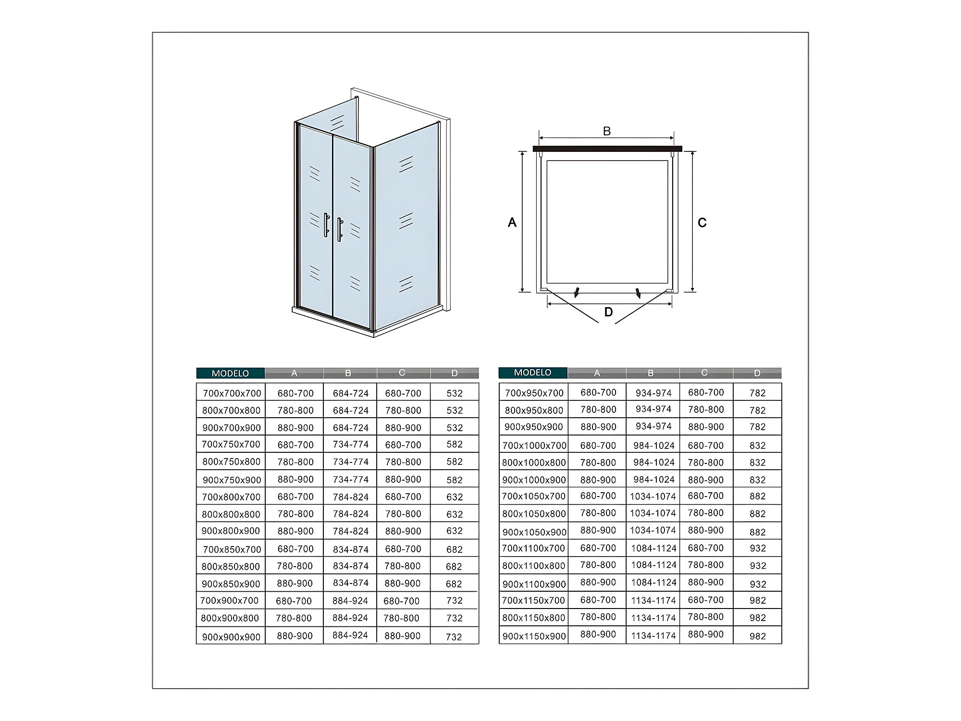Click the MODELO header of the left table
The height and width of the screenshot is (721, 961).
click(230, 373)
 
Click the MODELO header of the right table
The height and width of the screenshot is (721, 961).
click(532, 373)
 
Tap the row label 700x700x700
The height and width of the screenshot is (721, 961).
click(232, 393)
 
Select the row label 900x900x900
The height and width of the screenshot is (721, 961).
click(231, 637)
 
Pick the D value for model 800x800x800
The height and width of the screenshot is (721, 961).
click(455, 514)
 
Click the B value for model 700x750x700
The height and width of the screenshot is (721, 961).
click(351, 445)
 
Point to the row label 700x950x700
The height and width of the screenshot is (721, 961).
click(534, 393)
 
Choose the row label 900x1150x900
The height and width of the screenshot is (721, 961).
click(534, 636)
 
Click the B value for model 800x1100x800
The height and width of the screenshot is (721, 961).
click(654, 565)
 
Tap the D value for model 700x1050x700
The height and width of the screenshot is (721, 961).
click(758, 497)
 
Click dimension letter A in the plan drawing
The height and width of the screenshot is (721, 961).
click(512, 223)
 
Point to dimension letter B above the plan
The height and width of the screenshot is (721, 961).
click(607, 131)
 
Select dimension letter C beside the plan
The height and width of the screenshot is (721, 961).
click(702, 223)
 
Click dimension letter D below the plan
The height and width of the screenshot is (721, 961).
click(608, 312)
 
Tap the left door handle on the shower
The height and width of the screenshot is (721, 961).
click(326, 225)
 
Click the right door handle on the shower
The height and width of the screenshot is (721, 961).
click(340, 229)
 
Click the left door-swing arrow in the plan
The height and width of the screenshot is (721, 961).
click(577, 292)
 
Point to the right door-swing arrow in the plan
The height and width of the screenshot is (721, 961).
click(638, 293)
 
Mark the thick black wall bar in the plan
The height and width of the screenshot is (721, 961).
click(607, 149)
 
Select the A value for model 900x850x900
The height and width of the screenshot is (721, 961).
click(295, 584)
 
